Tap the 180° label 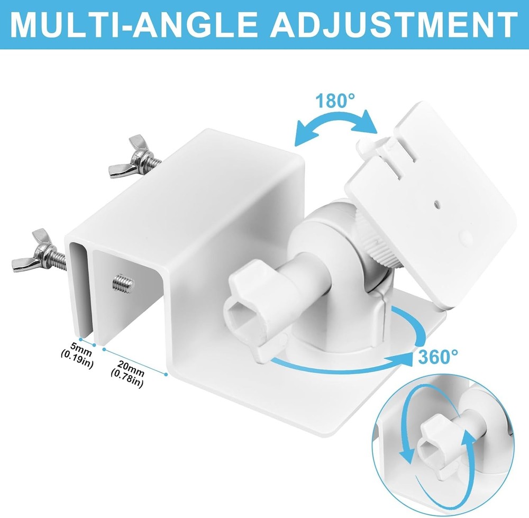(x=333, y=101)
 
